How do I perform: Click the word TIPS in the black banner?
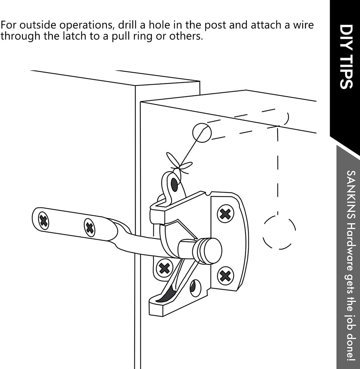(345, 72)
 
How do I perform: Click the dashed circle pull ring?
(279, 232)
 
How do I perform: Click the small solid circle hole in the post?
(202, 133)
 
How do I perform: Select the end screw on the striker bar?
(44, 221)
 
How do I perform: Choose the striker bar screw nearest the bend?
(90, 228)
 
